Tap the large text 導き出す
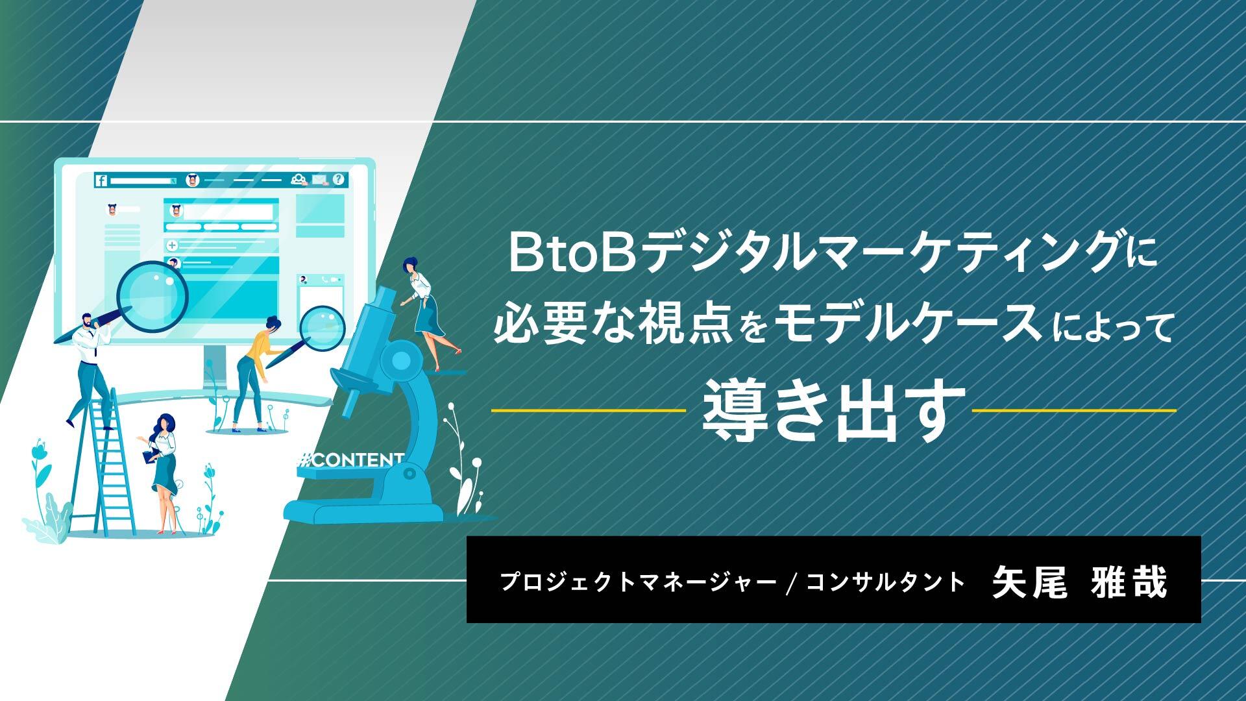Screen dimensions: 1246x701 click(x=831, y=411)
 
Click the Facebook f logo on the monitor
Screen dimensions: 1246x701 click(x=101, y=181)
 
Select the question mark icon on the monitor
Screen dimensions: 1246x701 click(x=338, y=180)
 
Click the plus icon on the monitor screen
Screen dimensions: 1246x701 click(x=172, y=245)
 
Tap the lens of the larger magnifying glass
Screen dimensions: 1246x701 click(x=153, y=296)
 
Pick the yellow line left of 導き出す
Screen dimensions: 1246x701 click(x=589, y=411)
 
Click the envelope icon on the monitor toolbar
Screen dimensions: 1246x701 click(x=319, y=180)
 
